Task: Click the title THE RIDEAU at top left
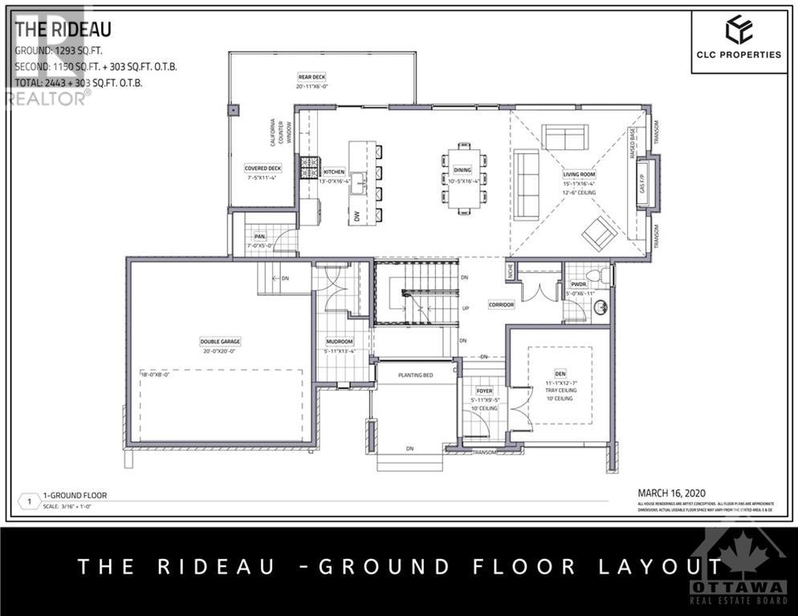63,30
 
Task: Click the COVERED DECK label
263,168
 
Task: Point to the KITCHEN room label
334,172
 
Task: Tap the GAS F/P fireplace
645,184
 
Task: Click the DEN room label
560,373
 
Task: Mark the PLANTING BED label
416,375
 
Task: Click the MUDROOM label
339,341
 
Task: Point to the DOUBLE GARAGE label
220,342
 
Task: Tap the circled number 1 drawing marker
30,501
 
